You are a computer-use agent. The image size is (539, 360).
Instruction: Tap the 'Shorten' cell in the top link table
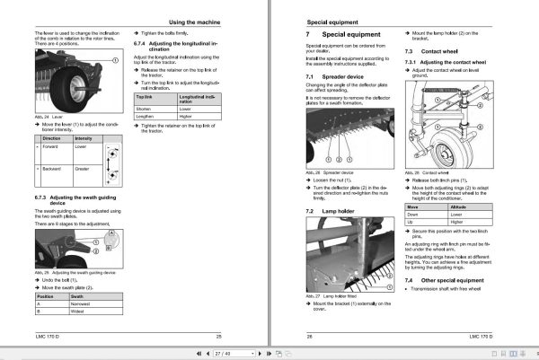click(143, 109)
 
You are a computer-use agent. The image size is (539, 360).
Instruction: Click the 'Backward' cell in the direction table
click(52, 169)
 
